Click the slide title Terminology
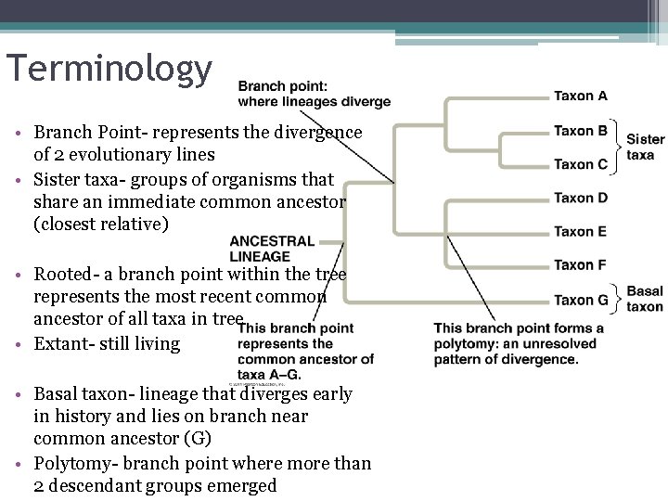[x=109, y=70]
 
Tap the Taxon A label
[x=581, y=96]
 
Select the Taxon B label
[x=581, y=131]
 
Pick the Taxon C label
[x=581, y=164]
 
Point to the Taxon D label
[x=581, y=198]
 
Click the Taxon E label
[x=581, y=231]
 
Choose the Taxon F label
[x=581, y=265]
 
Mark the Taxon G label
[x=581, y=300]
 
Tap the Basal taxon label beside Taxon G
[x=645, y=298]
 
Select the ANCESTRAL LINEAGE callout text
[x=272, y=249]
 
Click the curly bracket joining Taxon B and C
[x=619, y=148]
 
